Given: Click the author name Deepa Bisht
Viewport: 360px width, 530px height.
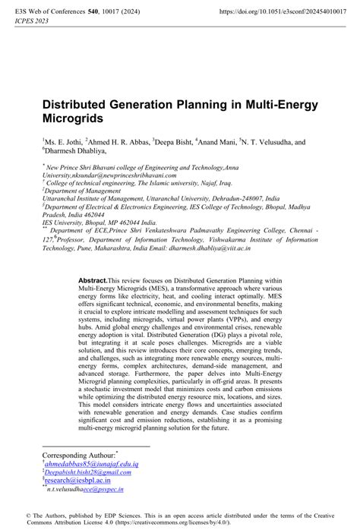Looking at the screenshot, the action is [175, 141].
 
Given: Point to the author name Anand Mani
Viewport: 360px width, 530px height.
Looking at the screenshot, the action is [217, 141].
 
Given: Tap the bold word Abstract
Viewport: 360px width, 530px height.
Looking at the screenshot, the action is [93, 259].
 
